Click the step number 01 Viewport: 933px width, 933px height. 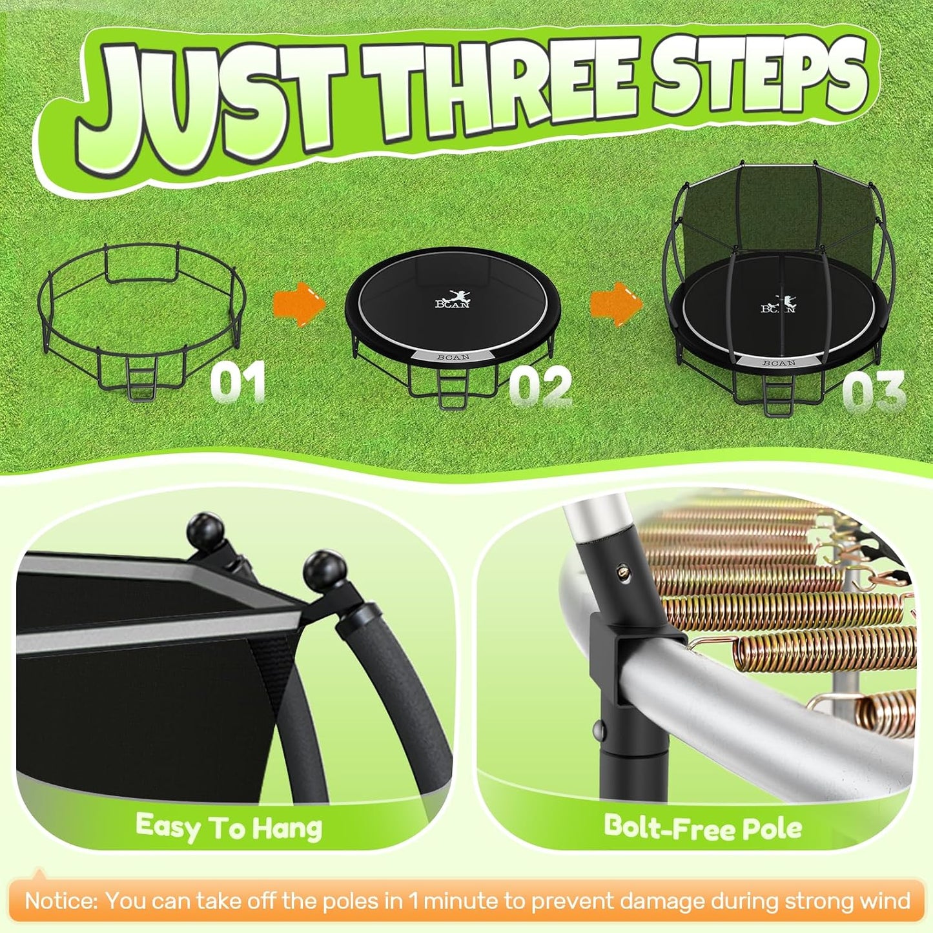pos(238,382)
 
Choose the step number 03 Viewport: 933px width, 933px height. pos(874,392)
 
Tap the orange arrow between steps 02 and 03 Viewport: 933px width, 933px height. pos(616,302)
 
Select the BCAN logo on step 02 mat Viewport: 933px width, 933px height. pos(453,301)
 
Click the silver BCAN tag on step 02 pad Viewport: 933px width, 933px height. pos(453,357)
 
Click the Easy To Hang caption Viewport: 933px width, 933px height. pos(229,827)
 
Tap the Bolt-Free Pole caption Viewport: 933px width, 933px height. pos(702,827)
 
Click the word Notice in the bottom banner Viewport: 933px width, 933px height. pos(61,901)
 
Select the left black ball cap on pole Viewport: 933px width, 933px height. pos(205,531)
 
